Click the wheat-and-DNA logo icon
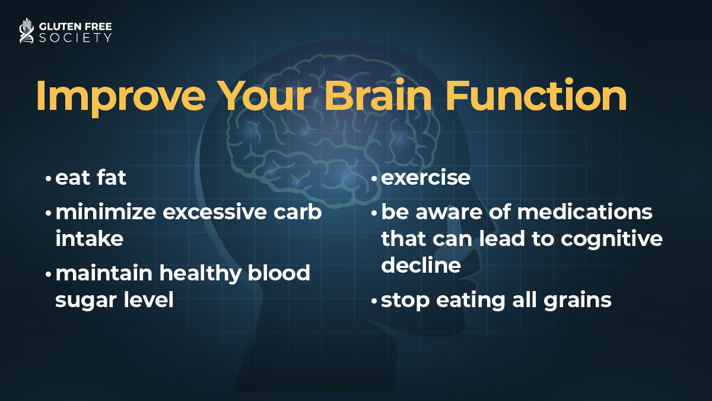pos(26,30)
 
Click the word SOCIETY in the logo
pos(75,37)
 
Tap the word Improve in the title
pos(121,96)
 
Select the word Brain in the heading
pos(378,95)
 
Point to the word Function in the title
pos(536,95)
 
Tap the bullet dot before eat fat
pos(48,179)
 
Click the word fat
pos(112,177)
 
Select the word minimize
pos(106,211)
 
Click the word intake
pos(90,238)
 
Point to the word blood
pos(279,273)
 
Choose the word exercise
pos(425,177)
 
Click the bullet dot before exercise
pos(374,179)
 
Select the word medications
pos(585,211)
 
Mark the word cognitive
pos(612,239)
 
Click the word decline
pos(421,265)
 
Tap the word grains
pos(577,301)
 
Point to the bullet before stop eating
pos(374,301)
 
